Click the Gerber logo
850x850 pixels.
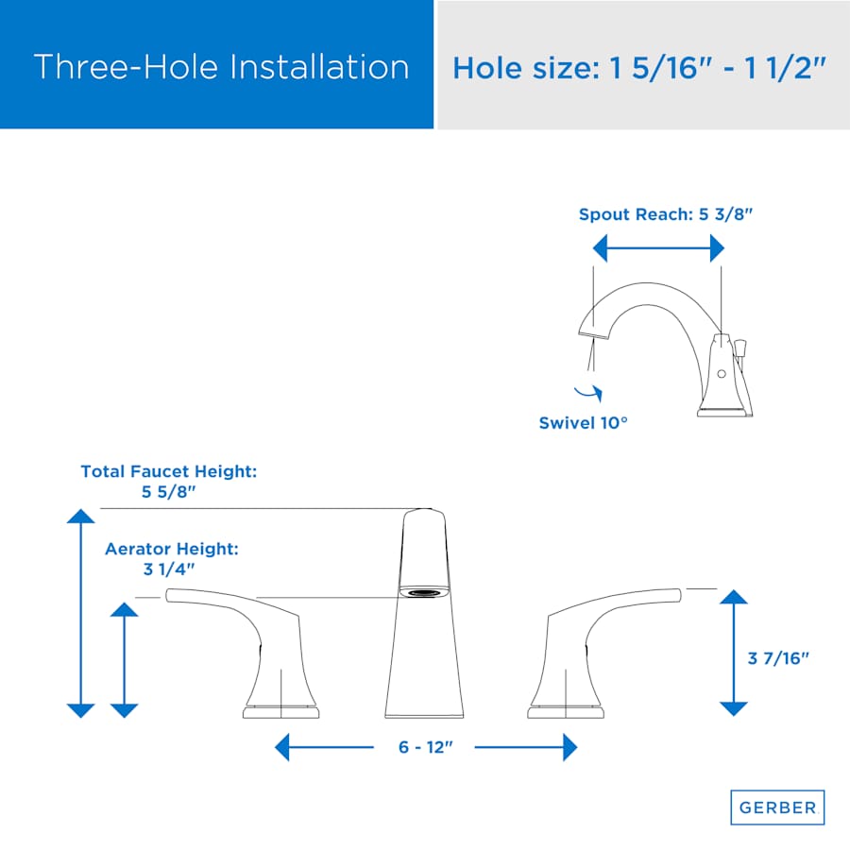(777, 807)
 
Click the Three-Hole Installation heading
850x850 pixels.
(221, 67)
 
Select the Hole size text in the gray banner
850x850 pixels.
(639, 68)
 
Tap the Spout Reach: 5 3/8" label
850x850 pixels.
(666, 214)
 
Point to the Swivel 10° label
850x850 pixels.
(584, 423)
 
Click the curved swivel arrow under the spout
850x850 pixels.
(589, 393)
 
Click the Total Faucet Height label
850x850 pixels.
(169, 482)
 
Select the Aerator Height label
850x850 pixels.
(171, 559)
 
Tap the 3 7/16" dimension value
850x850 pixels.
(778, 658)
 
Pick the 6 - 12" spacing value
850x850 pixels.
(426, 747)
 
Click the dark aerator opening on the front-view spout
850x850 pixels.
(424, 594)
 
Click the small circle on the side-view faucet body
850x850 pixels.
(722, 374)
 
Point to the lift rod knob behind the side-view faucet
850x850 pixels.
(740, 348)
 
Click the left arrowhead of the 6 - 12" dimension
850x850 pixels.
(281, 747)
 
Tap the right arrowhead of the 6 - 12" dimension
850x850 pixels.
(570, 747)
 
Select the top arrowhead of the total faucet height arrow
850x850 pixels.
(81, 516)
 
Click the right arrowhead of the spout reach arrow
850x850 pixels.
(717, 248)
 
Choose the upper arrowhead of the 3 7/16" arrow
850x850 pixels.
(734, 597)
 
